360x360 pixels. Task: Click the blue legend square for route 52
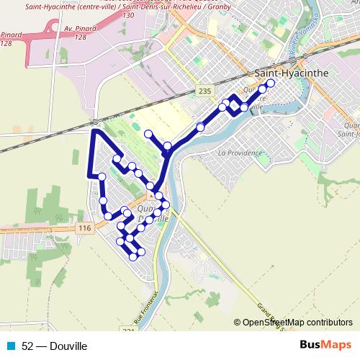click(12, 346)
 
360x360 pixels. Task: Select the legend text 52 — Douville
click(55, 346)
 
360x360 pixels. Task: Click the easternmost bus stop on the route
click(271, 93)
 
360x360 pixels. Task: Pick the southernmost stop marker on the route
click(133, 256)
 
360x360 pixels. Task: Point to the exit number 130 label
click(128, 14)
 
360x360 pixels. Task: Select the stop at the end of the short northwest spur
click(148, 134)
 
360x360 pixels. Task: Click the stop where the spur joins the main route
click(167, 146)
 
